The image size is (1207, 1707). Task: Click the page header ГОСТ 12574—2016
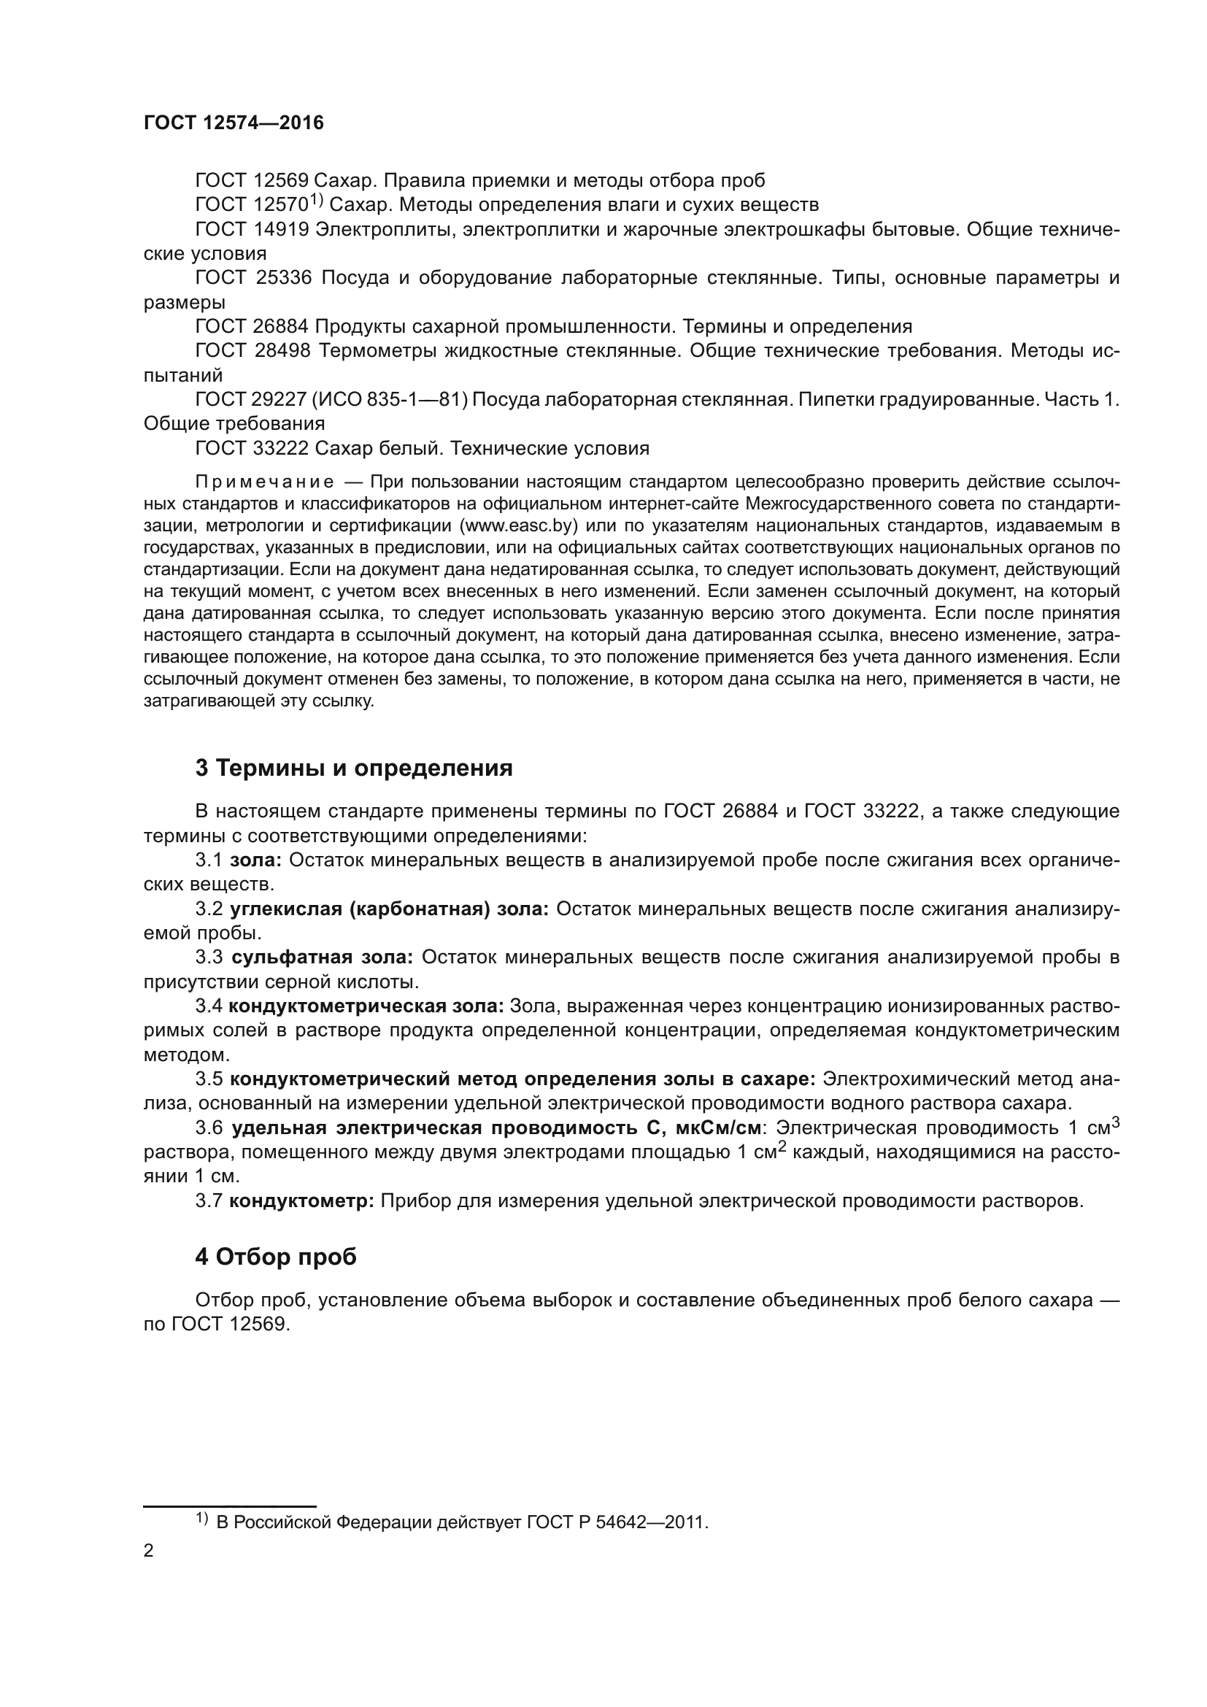click(234, 123)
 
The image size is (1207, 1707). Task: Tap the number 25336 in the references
click(284, 278)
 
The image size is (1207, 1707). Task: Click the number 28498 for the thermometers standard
click(282, 351)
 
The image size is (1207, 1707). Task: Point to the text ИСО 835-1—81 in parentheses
click(388, 400)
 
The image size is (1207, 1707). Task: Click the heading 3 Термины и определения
click(354, 768)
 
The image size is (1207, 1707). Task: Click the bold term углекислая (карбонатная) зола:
click(390, 909)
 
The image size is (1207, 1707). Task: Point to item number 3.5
click(209, 1079)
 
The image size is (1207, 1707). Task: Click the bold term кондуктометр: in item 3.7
click(301, 1201)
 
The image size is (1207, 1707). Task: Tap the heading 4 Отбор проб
click(276, 1257)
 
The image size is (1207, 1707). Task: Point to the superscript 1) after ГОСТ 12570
click(316, 200)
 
